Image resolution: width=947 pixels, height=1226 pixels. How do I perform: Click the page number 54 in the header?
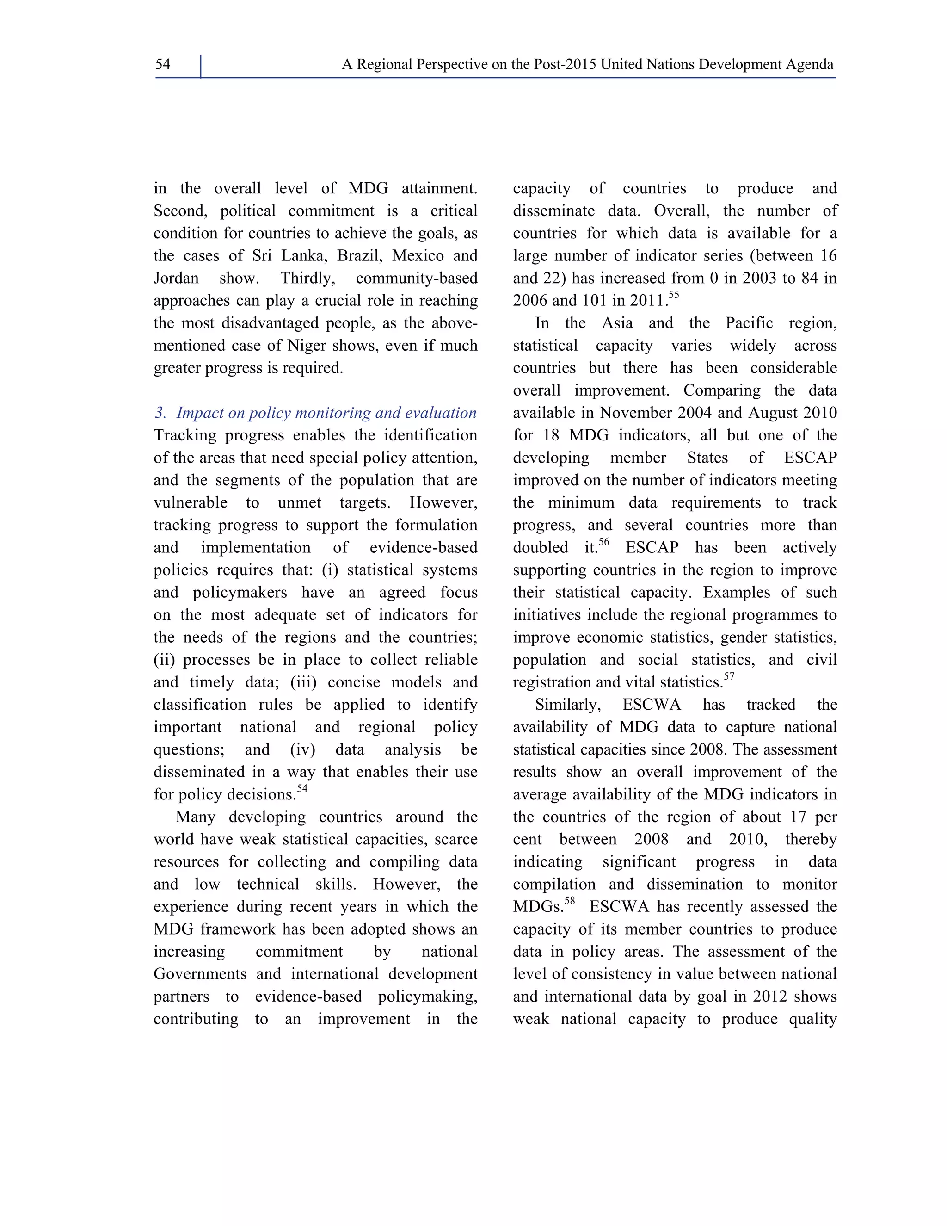pos(163,65)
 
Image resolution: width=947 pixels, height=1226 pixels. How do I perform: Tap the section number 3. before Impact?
pos(160,413)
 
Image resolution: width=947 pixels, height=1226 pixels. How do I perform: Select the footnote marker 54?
pos(302,789)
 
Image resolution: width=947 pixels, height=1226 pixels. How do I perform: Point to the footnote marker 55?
pos(673,295)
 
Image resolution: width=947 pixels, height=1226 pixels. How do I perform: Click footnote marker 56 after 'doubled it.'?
pos(603,542)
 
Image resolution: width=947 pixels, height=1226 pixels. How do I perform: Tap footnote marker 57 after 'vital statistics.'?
pos(729,676)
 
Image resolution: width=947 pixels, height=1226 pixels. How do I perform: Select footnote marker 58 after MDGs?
pos(569,901)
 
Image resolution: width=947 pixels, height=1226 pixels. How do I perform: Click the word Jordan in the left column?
pos(176,279)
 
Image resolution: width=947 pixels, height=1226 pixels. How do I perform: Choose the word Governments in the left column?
pos(200,974)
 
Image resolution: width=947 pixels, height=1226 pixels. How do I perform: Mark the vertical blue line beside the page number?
pos(200,66)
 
